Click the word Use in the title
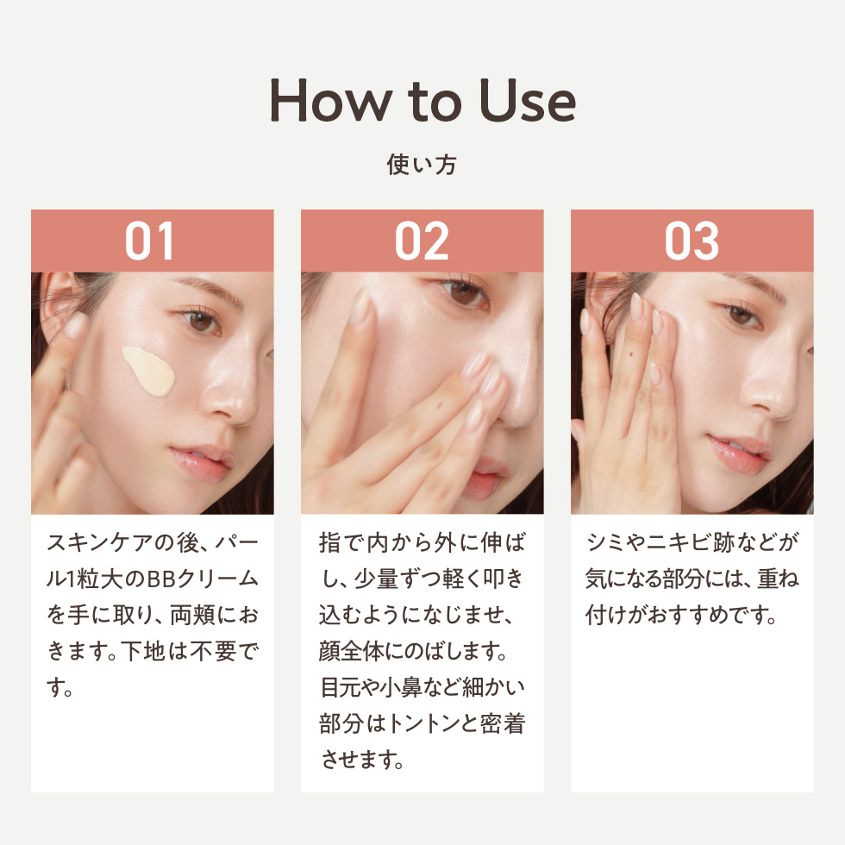tap(528, 100)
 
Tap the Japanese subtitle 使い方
tap(422, 165)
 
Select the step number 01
tap(149, 241)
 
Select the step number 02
tap(422, 241)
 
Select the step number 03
tap(692, 241)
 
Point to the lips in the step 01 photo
tap(202, 463)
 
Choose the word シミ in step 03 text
tap(609, 542)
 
